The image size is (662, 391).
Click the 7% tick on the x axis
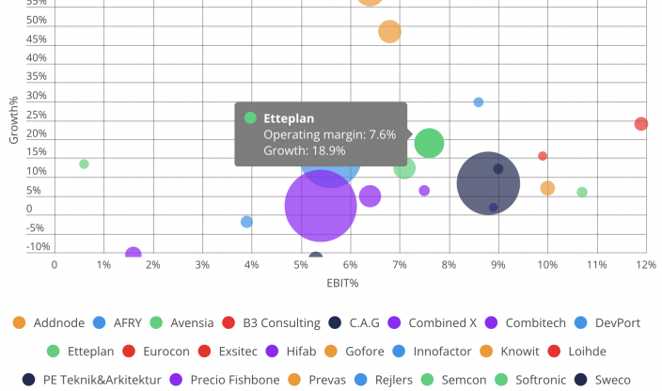click(400, 266)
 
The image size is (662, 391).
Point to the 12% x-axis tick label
click(645, 266)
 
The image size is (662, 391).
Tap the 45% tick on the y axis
click(37, 39)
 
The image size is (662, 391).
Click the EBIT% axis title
click(342, 283)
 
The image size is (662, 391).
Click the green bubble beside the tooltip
click(429, 144)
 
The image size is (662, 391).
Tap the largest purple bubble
click(320, 206)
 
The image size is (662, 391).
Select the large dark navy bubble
click(488, 183)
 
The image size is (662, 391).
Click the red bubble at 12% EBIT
click(641, 124)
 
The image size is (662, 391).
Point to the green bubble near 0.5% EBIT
click(84, 164)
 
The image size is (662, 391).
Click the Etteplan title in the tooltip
click(289, 118)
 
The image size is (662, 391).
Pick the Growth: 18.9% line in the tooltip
click(305, 150)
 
